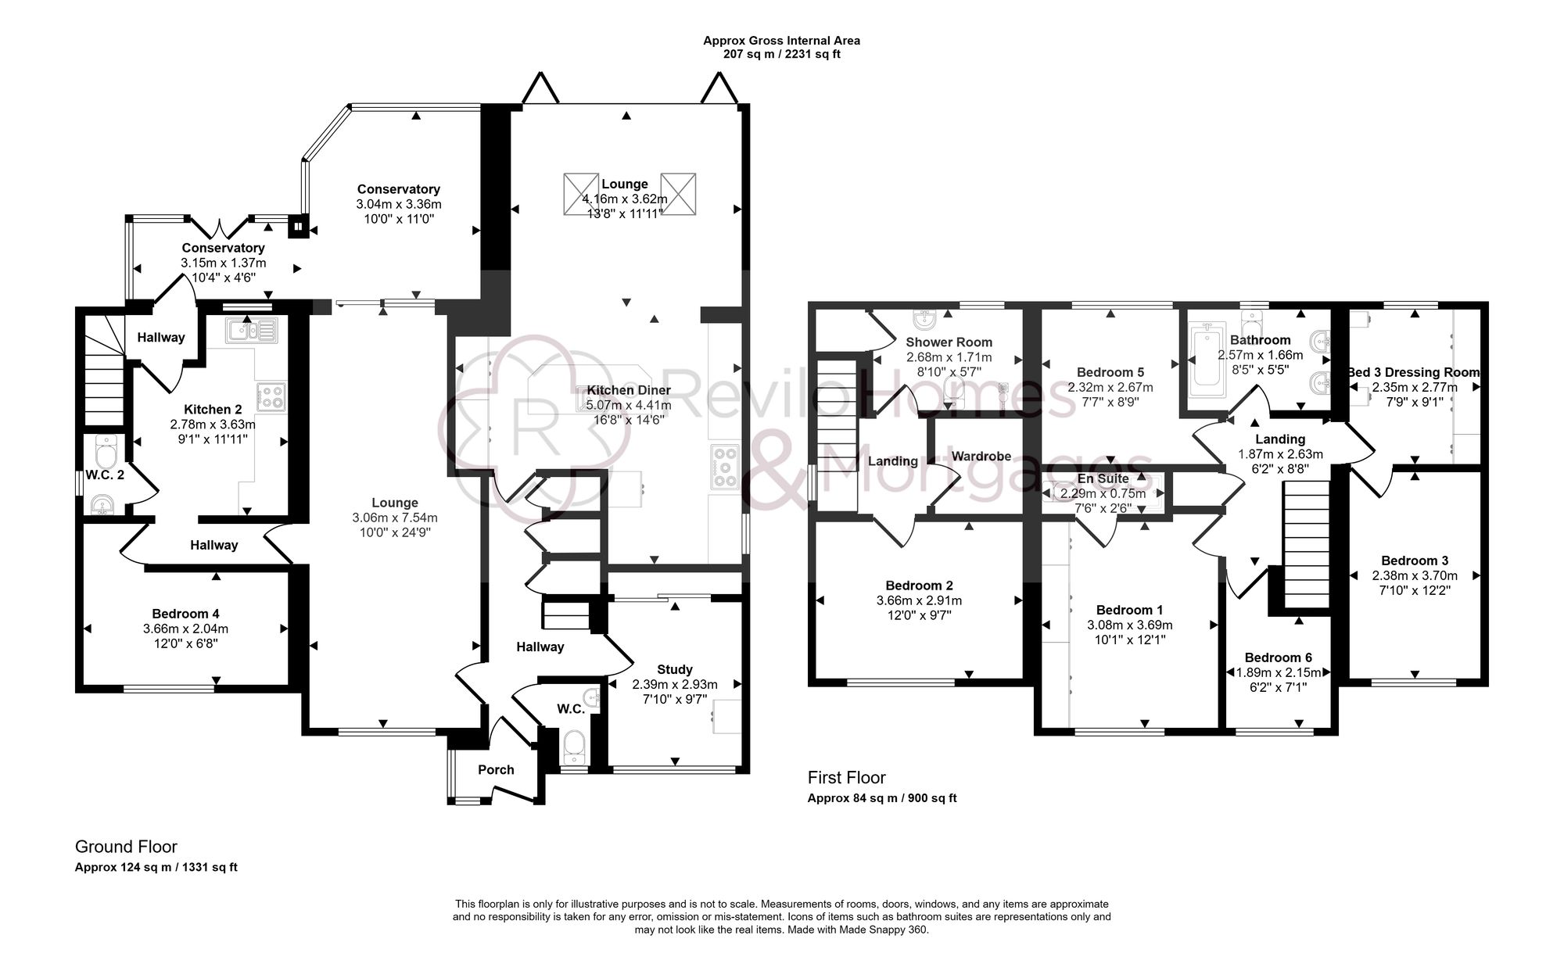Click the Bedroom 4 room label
coord(180,614)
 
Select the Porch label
coord(496,770)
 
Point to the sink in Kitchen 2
coord(250,331)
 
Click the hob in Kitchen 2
coord(271,396)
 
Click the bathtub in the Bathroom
coord(1206,358)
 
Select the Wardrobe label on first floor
coord(981,457)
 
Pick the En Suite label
coord(1103,478)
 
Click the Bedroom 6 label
coord(1278,657)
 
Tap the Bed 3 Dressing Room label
coord(1414,373)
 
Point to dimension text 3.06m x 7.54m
coord(395,518)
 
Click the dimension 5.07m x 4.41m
coord(628,405)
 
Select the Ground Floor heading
coord(126,847)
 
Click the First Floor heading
coord(846,778)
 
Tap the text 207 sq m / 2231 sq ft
coord(781,55)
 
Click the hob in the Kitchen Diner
coord(725,467)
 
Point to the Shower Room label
coord(949,342)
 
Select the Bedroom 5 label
coord(1110,372)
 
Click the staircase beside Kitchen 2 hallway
coord(104,375)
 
